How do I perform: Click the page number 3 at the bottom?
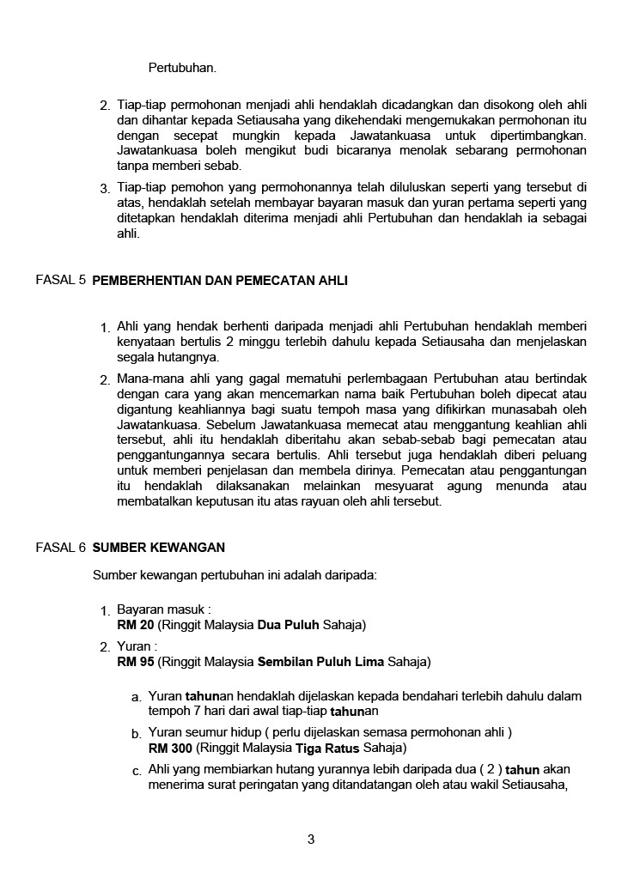[x=311, y=839]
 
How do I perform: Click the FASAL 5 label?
[x=61, y=281]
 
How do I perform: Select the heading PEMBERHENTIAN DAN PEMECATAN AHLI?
[x=220, y=281]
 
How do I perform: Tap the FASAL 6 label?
[x=61, y=546]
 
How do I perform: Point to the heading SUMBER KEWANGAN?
[x=159, y=547]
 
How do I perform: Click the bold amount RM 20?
[x=136, y=624]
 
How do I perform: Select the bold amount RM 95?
[x=136, y=662]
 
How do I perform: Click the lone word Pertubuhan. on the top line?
[x=182, y=66]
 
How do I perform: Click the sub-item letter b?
[x=137, y=734]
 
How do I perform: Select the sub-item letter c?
[x=137, y=771]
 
